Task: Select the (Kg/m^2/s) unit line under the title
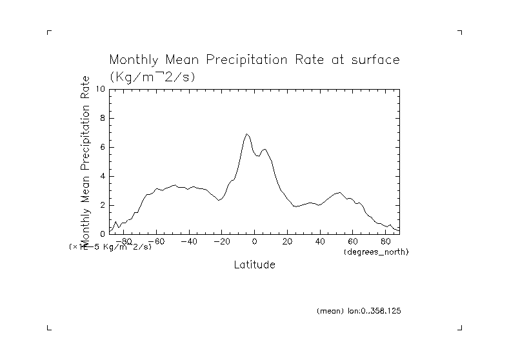coord(152,76)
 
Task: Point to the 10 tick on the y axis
coord(100,89)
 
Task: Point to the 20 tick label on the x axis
coord(288,242)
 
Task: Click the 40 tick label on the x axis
coord(321,242)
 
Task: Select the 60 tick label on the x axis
coord(354,242)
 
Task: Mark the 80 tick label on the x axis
coord(386,242)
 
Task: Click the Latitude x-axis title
coord(254,265)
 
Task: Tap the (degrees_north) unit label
coord(376,251)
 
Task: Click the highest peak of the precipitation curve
coord(246,134)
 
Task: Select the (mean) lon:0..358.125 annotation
coord(359,311)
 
